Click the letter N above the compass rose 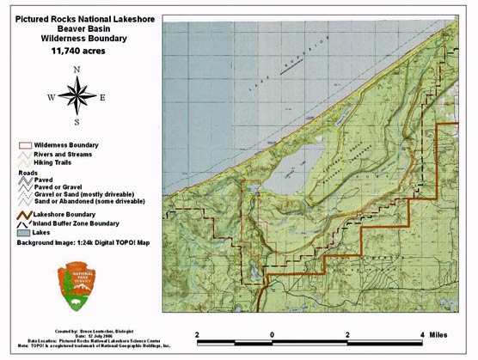[77, 70]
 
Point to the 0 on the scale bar [273, 334]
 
